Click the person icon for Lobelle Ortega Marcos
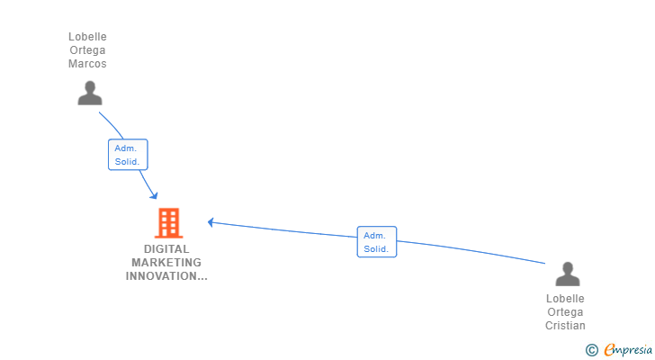point(89,93)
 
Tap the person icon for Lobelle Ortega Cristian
point(567,274)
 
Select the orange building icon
point(168,222)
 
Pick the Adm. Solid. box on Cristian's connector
point(376,241)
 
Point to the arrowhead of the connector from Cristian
point(211,221)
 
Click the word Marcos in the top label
point(87,64)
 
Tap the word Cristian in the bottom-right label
point(565,326)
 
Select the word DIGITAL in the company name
point(166,249)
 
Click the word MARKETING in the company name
point(166,263)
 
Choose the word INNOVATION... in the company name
point(166,276)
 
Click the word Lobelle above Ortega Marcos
point(87,37)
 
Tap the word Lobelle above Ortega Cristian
point(565,299)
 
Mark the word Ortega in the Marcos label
point(87,50)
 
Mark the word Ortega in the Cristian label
point(565,312)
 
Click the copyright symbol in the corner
point(591,350)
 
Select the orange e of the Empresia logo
point(609,350)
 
